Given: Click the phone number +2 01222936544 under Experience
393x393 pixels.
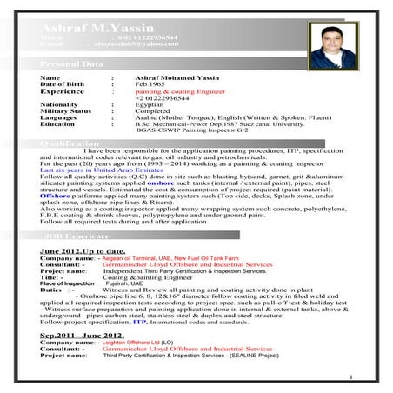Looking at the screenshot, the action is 161,97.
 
